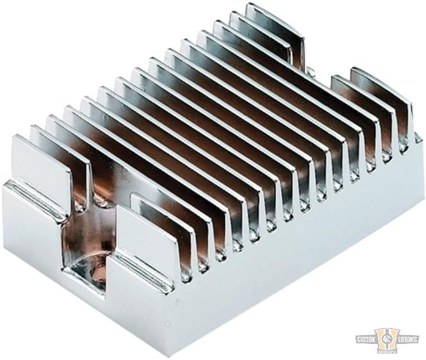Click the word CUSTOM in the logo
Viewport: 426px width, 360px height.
coord(370,338)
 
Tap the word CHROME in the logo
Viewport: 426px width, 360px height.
coord(407,338)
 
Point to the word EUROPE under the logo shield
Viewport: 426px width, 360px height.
coord(388,350)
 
